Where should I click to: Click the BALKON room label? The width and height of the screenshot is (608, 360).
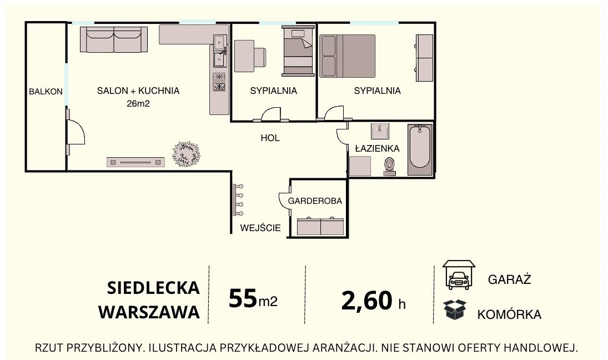46,92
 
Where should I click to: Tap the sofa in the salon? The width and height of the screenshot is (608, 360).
114,39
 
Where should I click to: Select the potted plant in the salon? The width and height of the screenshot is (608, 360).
187,154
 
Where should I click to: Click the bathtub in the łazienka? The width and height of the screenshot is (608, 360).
420,149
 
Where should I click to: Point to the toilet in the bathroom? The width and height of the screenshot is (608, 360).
389,167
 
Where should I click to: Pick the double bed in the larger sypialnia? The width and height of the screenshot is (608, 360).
348,56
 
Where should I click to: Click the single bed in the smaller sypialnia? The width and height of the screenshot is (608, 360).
298,51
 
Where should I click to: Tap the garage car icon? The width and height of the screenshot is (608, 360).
459,274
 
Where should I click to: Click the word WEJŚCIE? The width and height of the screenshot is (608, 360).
260,228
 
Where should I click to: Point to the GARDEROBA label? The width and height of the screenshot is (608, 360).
315,201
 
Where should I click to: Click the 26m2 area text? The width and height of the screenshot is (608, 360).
138,103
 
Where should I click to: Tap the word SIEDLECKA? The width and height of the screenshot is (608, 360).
154,288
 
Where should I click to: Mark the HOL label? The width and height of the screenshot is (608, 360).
270,138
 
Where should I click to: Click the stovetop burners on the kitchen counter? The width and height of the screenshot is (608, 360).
219,82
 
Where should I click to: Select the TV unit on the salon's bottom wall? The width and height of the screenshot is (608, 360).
135,162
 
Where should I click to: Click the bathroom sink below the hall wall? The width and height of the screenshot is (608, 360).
380,131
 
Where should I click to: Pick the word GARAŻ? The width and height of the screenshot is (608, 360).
510,279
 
